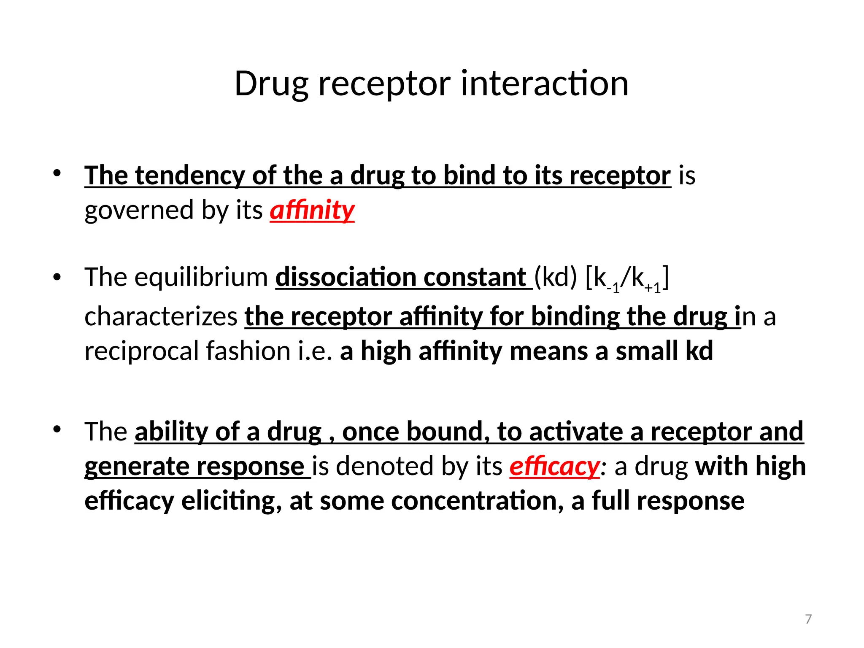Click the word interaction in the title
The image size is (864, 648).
544,84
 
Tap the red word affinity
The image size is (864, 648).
312,210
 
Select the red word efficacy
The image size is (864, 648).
554,466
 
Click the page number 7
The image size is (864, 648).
808,619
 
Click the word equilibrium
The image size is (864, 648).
201,278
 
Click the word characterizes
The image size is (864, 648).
161,316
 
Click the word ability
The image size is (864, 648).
171,432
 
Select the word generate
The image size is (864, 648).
136,466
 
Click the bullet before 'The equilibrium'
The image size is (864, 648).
57,277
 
